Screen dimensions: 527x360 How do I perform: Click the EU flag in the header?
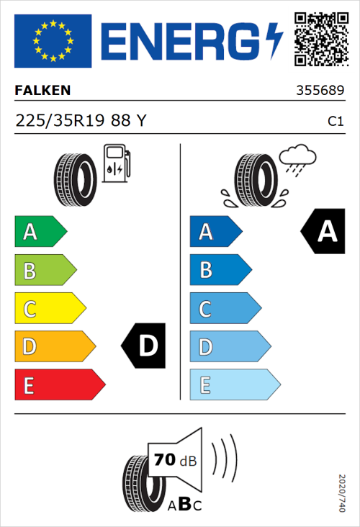(x=53, y=41)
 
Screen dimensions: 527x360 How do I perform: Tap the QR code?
(x=320, y=40)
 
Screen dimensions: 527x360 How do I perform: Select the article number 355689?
(x=320, y=91)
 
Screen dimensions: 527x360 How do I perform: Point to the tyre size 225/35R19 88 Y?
(x=81, y=121)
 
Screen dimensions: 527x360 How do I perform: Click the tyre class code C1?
(x=335, y=122)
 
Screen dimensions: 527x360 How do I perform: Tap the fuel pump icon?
(x=117, y=163)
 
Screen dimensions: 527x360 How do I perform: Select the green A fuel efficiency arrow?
(x=40, y=232)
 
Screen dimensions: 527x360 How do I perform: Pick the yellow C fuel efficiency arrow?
(x=49, y=309)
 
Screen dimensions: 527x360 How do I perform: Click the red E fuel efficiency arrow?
(x=59, y=385)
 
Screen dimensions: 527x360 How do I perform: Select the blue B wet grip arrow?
(x=220, y=270)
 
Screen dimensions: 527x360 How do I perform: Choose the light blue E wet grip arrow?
(x=234, y=385)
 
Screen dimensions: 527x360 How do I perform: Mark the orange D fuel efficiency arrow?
(x=54, y=347)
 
